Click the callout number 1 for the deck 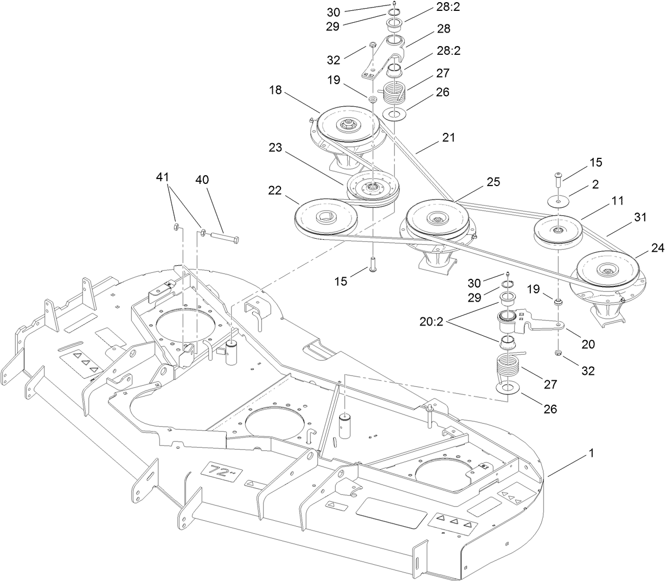pos(591,454)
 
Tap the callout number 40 pos(206,180)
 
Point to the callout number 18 pos(276,90)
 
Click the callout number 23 pos(276,148)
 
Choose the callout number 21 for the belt pos(448,138)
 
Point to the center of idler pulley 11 pos(558,231)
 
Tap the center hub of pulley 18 pos(346,124)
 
